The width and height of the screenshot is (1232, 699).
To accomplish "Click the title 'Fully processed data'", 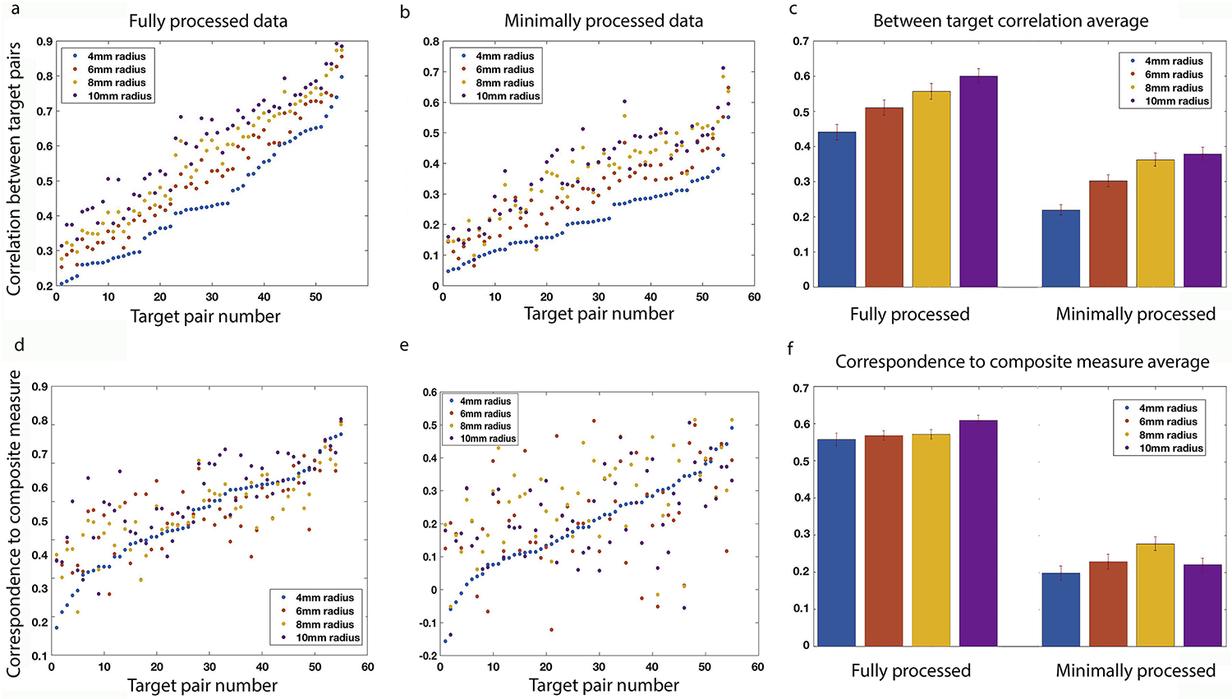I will pos(208,21).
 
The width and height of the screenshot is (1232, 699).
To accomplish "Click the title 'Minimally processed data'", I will pos(604,21).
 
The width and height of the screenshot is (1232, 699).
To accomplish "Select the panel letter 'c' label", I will pos(793,10).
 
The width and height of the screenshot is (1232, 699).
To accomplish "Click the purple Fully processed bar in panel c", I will pos(978,181).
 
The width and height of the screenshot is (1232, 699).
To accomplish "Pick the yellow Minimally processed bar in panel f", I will pos(1155,594).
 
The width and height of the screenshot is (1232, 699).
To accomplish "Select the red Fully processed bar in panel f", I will pos(883,540).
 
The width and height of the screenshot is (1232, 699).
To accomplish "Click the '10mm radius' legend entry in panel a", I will pos(119,96).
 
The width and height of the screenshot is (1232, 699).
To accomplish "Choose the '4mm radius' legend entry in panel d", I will pos(324,598).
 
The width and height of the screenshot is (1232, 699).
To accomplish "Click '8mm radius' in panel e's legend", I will pos(485,426).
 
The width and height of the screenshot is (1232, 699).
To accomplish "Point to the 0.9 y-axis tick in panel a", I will pos(45,41).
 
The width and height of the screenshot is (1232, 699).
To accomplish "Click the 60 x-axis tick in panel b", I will pos(754,297).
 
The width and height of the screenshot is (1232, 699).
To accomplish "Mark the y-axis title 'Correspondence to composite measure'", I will pos(14,523).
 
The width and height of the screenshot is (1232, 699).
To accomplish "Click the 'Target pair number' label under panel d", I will pos(202,685).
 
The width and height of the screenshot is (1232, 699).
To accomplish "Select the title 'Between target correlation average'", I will pos(1010,21).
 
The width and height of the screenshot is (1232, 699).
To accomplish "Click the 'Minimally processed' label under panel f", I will pos(1135,671).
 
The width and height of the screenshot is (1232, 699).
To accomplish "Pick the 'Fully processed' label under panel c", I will pos(909,315).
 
